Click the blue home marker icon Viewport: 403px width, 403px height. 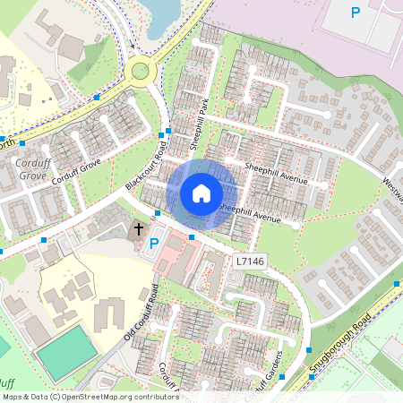[x=201, y=193]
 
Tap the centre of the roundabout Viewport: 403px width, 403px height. [x=140, y=70]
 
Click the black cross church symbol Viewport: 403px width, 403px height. [x=139, y=228]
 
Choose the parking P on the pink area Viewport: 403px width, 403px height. [x=356, y=13]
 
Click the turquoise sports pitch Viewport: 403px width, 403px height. [x=67, y=352]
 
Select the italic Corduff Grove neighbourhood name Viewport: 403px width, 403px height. [x=35, y=169]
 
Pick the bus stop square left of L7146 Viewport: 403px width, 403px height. [x=192, y=236]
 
